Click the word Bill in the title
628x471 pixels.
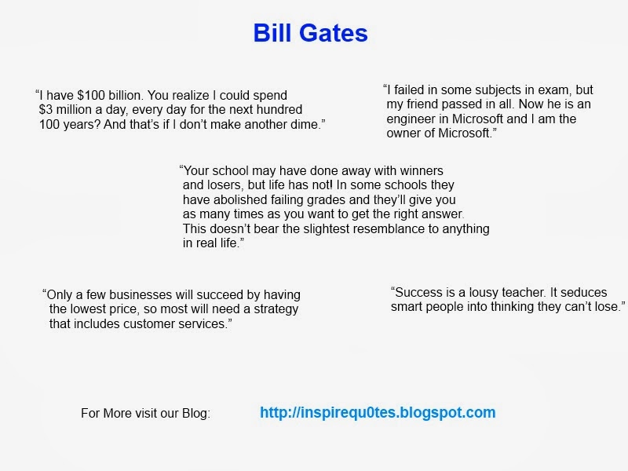click(x=272, y=34)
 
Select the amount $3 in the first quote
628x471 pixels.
click(x=49, y=110)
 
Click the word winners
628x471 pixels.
click(x=419, y=170)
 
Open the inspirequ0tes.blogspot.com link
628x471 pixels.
click(x=378, y=412)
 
